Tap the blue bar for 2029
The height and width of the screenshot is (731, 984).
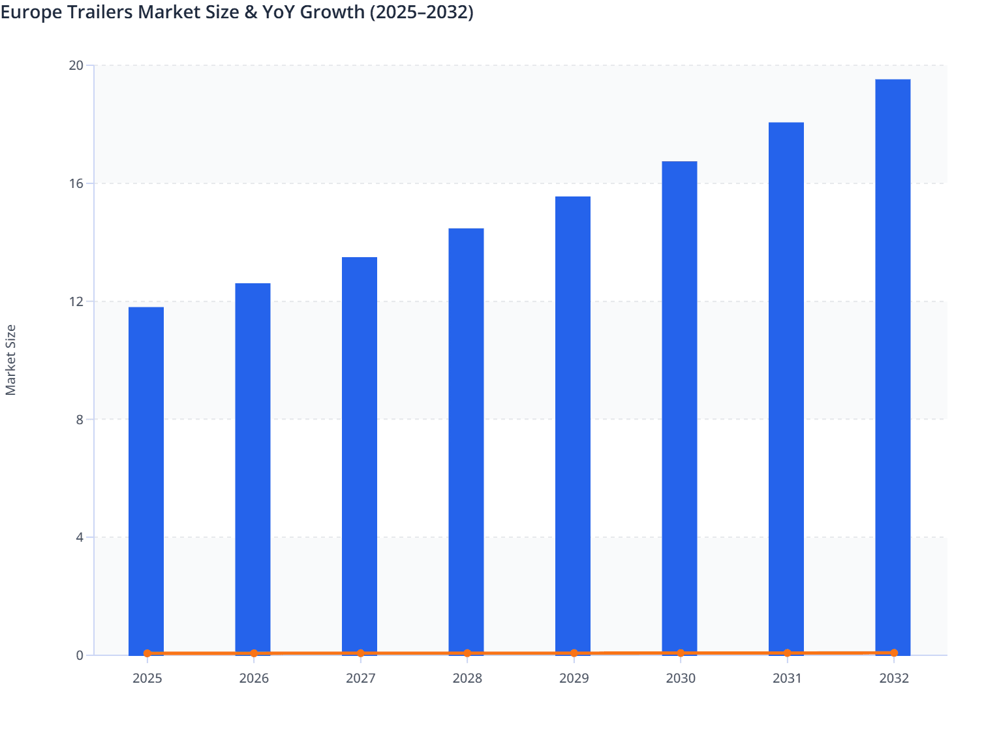tap(573, 424)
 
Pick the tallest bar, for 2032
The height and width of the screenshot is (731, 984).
tap(893, 365)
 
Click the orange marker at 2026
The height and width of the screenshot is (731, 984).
tap(254, 653)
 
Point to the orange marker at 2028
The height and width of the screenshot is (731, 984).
tap(467, 653)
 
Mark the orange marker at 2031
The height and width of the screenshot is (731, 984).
tap(788, 653)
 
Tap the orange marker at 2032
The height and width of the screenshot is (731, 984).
tap(894, 653)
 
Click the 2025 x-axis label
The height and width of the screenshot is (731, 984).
tap(147, 678)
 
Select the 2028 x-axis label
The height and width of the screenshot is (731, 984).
tap(467, 678)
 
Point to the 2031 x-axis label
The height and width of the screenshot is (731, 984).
tap(788, 678)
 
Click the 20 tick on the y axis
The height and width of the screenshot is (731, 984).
tap(76, 65)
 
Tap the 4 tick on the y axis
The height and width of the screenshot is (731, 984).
tap(80, 537)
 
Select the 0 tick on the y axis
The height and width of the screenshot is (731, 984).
tap(80, 655)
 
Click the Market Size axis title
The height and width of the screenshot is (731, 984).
tap(10, 360)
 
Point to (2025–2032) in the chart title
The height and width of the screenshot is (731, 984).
tap(422, 12)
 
